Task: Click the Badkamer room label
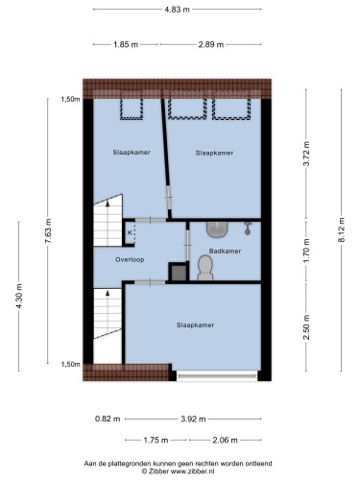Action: (225, 252)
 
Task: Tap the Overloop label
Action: (130, 259)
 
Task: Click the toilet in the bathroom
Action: (205, 268)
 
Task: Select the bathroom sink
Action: (218, 229)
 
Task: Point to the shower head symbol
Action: (248, 228)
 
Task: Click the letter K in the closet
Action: (130, 232)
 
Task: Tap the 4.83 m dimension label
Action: (177, 10)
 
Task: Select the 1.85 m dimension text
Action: (126, 44)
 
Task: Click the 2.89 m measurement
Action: (211, 44)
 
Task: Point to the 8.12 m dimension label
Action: (342, 229)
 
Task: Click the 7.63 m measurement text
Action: (48, 231)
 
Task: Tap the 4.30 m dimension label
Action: (19, 297)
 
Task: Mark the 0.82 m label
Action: (108, 419)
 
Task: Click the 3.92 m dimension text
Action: (193, 419)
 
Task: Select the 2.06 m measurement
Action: (225, 441)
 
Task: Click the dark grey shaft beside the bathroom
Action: (179, 272)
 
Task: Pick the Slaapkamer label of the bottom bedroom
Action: (195, 325)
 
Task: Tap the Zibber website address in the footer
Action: (192, 471)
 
